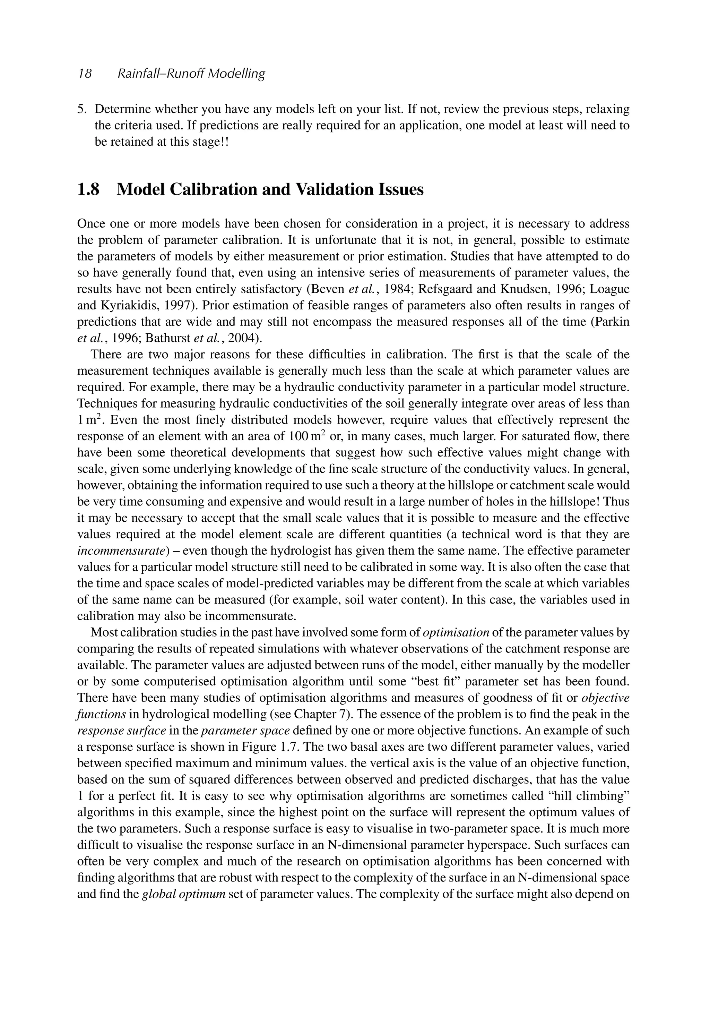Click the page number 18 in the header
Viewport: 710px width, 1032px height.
click(x=85, y=74)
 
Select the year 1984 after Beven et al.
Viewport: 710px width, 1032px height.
click(x=396, y=289)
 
